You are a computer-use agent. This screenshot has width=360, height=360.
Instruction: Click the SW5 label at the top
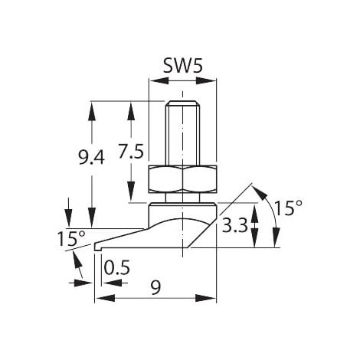coord(183,66)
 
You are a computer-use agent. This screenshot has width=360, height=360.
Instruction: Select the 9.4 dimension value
coord(91,157)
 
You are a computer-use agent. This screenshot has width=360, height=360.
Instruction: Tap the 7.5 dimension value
coord(131,152)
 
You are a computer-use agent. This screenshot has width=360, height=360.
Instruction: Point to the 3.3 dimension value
coord(235,225)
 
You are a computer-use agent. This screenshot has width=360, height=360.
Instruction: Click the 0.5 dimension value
coord(117,267)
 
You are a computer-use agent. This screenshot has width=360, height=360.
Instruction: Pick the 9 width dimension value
coord(155,287)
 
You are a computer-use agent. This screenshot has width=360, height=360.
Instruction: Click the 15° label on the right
coord(289,208)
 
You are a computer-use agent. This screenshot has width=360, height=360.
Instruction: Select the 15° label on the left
coord(71,238)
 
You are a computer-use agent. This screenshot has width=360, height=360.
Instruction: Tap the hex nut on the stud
coord(182,179)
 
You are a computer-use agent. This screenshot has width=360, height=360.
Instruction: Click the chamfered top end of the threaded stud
coord(182,103)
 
